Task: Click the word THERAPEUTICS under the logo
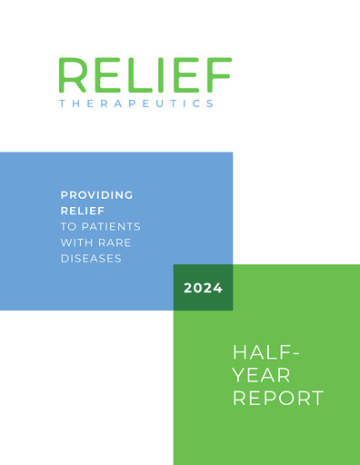[x=136, y=104]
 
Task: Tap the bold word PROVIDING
[x=96, y=194]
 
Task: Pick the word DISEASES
[x=91, y=257]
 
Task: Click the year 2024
[x=203, y=288]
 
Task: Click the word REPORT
[x=278, y=398]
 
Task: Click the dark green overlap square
[x=203, y=288]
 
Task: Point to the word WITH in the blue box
[x=78, y=242]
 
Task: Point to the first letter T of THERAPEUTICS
[x=62, y=104]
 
